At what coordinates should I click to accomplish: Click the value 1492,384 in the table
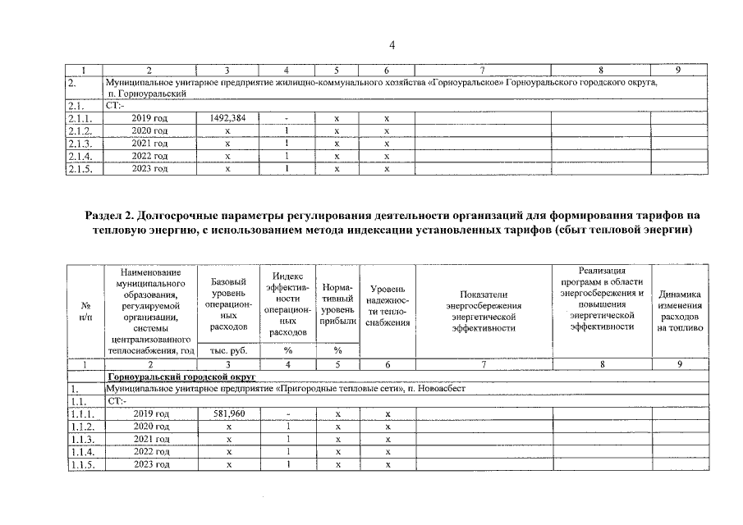point(228,118)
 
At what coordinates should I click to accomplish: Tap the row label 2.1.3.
point(79,143)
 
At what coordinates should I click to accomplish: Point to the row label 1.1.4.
point(79,451)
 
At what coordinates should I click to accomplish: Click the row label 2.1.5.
point(79,168)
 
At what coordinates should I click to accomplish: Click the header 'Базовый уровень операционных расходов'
point(228,304)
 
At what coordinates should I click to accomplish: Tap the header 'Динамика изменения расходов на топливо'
point(680,310)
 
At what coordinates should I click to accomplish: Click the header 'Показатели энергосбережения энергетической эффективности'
point(483,310)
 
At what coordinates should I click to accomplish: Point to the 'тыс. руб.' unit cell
point(228,350)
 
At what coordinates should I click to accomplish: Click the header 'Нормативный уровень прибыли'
point(337,306)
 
